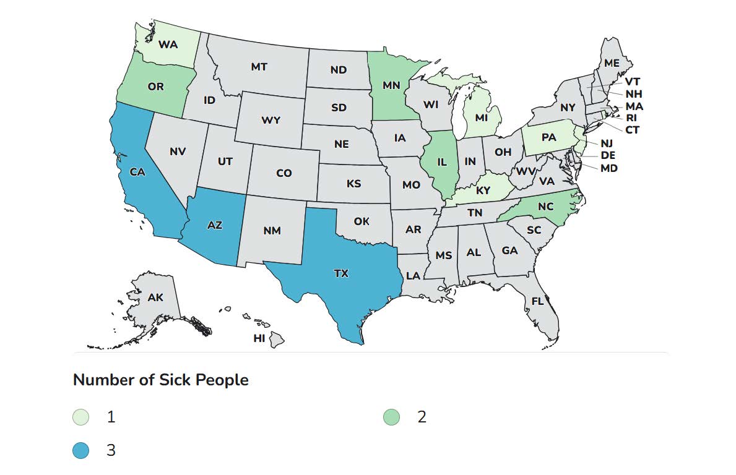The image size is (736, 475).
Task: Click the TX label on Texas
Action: (341, 273)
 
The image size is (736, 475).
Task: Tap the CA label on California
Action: (137, 172)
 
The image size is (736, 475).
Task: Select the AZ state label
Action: (214, 225)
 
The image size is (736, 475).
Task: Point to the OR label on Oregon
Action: (155, 87)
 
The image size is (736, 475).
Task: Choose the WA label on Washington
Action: (168, 44)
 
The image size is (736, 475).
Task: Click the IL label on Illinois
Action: (441, 162)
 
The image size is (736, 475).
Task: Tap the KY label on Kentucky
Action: (483, 190)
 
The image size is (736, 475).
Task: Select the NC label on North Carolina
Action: (545, 207)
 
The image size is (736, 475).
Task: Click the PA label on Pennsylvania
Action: (548, 137)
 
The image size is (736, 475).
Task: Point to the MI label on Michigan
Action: (482, 118)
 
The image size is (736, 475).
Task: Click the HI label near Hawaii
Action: (259, 338)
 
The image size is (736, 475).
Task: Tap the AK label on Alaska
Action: (155, 297)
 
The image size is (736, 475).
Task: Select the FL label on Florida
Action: (537, 301)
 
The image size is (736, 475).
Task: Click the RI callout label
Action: (631, 118)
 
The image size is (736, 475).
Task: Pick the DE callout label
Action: (608, 155)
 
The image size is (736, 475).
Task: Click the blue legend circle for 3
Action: (81, 450)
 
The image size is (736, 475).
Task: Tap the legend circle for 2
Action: (391, 417)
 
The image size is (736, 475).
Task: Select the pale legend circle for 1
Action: (81, 417)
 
